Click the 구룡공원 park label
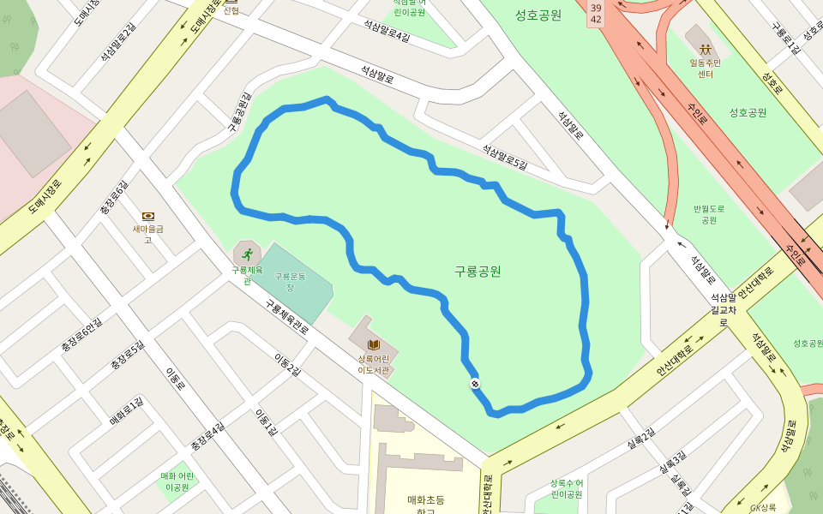point(478,272)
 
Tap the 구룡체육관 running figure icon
point(247,254)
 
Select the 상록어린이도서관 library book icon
point(373,344)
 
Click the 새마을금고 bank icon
point(147,216)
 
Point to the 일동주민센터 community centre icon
point(705,49)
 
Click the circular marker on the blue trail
point(474,383)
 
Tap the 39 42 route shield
point(596,13)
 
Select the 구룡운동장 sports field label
point(290,281)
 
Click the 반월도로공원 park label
point(709,214)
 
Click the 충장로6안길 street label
point(81,336)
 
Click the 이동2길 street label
point(287,364)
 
